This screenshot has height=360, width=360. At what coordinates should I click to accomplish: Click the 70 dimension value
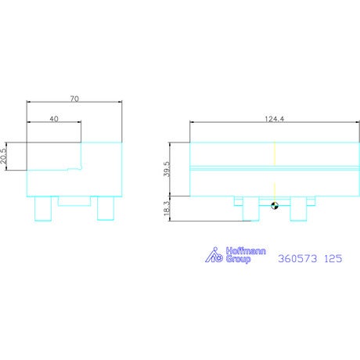coord(74,99)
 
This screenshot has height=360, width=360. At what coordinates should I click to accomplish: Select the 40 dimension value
coord(54,119)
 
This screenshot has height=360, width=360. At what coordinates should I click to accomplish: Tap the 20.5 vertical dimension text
coord(3,156)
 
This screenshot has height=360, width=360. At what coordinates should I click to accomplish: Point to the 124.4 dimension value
coord(275,119)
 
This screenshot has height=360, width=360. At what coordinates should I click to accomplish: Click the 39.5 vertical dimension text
coord(167,169)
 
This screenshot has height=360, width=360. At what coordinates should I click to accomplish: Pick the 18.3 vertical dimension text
coord(167,208)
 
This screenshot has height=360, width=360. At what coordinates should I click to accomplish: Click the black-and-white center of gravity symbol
coord(275,206)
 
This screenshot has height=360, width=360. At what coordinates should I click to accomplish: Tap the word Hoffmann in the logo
coord(246,251)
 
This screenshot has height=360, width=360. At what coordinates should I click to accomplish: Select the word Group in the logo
coord(238,259)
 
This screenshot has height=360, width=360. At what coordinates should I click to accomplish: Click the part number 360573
coord(297,259)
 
